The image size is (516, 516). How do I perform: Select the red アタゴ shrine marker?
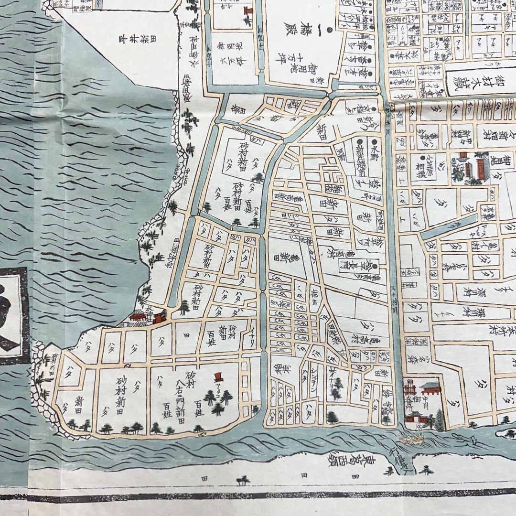click(x=219, y=377)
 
